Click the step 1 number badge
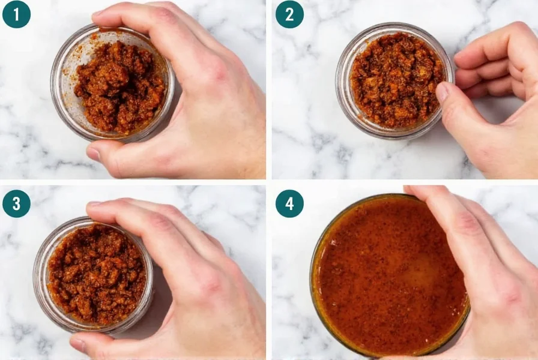16,14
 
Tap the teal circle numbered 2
289,14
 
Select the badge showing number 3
16,203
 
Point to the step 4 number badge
289,203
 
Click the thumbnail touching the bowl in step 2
442,92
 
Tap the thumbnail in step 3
78,344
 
